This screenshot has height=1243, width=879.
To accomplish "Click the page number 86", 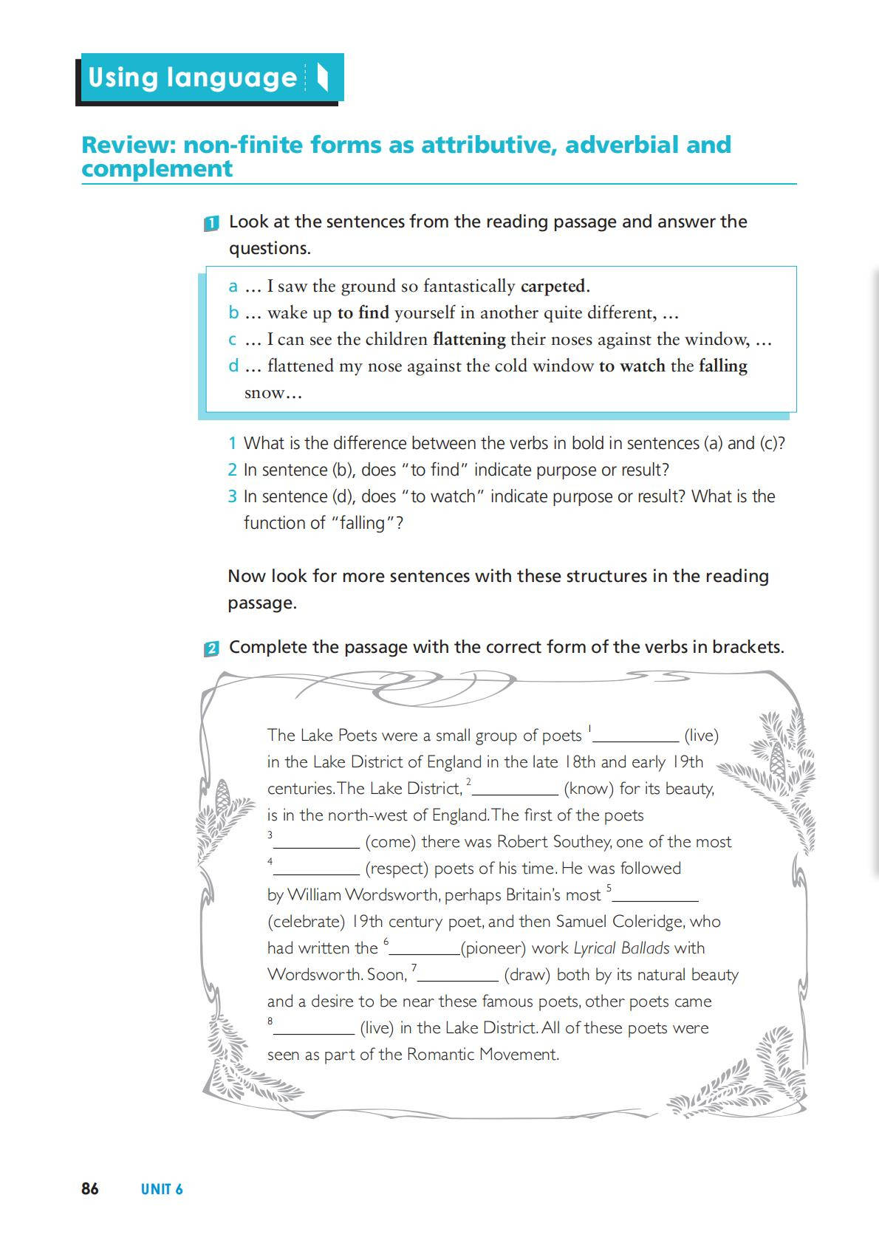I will [89, 1188].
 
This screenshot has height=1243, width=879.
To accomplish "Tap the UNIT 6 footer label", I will [162, 1189].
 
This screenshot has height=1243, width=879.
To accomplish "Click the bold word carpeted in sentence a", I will [554, 286].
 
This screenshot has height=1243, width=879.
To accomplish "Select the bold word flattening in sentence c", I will [469, 339].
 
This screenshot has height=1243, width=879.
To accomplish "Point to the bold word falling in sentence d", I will [723, 366].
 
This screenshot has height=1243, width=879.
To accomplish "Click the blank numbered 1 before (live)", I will [636, 736].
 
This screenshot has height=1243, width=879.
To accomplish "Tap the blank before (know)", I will [515, 790].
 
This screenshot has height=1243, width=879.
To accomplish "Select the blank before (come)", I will [316, 843].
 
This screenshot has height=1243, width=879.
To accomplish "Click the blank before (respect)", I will [316, 869].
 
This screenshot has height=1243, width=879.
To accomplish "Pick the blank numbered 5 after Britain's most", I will [655, 896].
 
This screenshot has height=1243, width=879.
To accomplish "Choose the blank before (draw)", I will [458, 976].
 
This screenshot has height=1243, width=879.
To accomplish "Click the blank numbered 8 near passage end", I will [314, 1029].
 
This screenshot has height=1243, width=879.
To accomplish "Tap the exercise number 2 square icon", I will [211, 649].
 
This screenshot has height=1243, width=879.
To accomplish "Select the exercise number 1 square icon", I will [211, 224].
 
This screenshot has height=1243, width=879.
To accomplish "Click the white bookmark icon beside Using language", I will [322, 78].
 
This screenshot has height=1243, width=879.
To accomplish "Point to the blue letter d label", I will [233, 366].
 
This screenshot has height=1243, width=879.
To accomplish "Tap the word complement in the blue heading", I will [157, 168].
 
